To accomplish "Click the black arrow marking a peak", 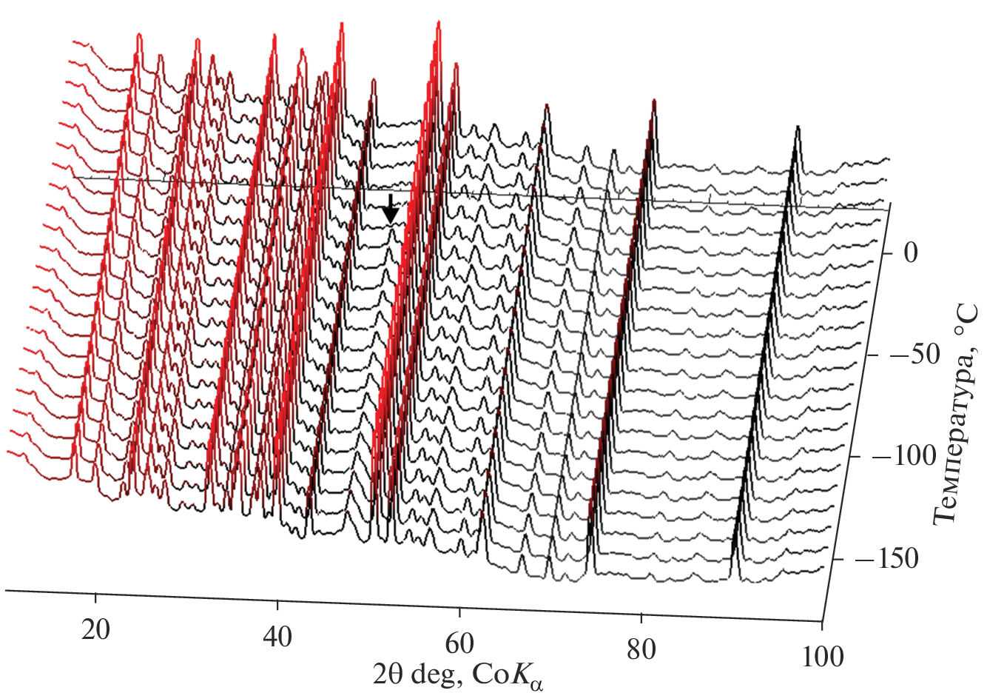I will click(391, 209).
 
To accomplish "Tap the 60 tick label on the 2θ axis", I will click(459, 644).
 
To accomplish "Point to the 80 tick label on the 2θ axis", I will click(641, 650).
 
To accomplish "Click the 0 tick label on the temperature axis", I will click(910, 254).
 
